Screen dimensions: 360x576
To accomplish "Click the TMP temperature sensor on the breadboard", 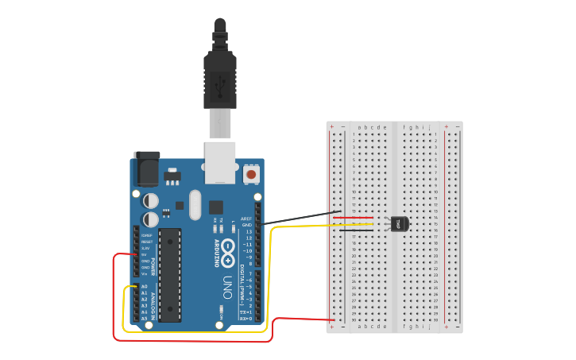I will point(399,224).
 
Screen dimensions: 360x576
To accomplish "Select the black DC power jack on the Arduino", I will point(146,168).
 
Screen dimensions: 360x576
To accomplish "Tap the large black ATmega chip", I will point(170,275).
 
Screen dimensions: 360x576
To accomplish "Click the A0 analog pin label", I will point(145,286).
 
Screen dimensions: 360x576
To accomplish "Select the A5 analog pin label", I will point(145,319).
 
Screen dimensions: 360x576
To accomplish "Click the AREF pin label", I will point(247,219).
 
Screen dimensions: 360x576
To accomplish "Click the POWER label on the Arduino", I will point(153,265).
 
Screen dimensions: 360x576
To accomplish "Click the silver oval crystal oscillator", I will point(195,204).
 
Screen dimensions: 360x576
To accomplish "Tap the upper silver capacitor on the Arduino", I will point(150,200).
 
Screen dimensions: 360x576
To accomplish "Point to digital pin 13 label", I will point(248,231).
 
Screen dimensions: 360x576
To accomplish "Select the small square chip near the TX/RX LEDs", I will point(216,207).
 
